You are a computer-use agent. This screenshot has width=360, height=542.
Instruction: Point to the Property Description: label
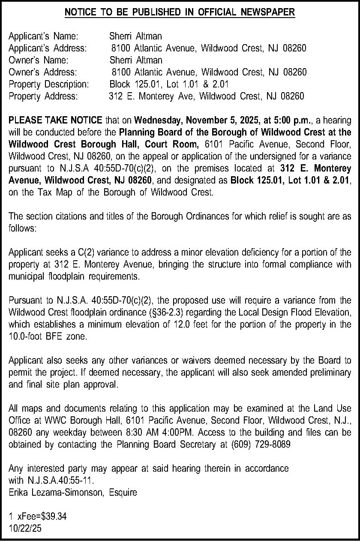[x=49, y=84]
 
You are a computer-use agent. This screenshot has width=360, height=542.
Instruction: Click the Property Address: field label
[x=43, y=96]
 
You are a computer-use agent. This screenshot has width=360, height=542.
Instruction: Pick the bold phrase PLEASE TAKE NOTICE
[x=55, y=120]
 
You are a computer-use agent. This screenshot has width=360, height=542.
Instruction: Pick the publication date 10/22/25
[x=25, y=529]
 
